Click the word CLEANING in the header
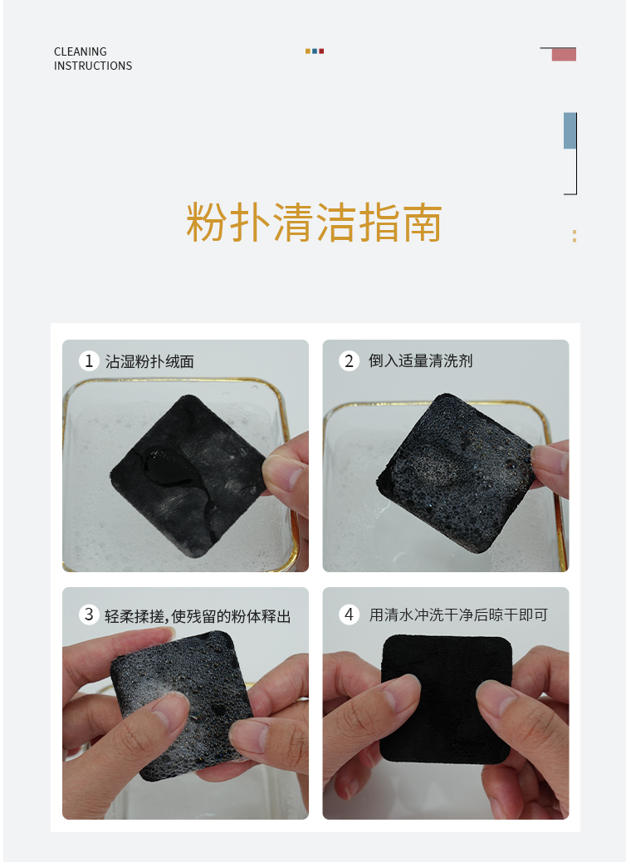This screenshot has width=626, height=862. point(81,51)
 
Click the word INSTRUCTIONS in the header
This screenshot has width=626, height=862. point(93,66)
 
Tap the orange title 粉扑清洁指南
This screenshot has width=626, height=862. point(314,223)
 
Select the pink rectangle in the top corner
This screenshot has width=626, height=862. point(564,55)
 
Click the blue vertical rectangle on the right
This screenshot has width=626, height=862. point(570,131)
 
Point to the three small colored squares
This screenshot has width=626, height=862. point(315,51)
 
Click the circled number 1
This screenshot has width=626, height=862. point(89,361)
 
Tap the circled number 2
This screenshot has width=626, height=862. point(349,361)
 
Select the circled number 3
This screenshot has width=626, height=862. point(89,614)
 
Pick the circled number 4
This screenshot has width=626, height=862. point(349,614)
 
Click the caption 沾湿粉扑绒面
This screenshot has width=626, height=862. point(149,362)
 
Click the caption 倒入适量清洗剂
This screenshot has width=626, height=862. point(420,361)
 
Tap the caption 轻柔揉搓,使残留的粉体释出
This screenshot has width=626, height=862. point(198,616)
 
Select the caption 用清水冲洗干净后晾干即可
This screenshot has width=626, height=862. point(458,615)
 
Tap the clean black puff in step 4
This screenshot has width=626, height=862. point(447,699)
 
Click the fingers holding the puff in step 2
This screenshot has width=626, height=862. point(550,468)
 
